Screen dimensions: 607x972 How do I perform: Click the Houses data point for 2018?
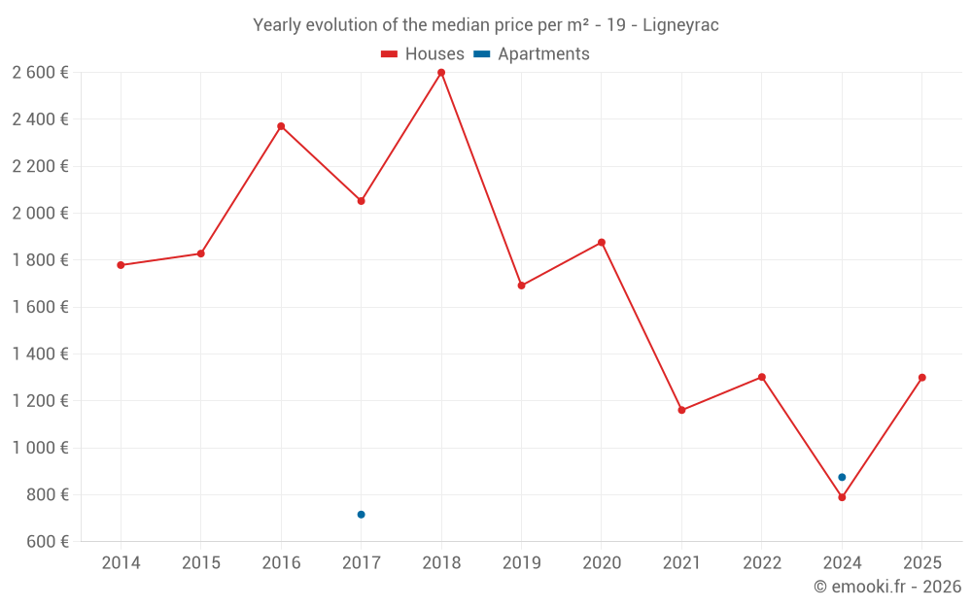click(x=441, y=73)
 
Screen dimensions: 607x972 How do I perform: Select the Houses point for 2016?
click(x=281, y=126)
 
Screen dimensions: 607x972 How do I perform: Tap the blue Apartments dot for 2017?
click(x=361, y=515)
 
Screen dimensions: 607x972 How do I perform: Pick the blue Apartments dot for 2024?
click(x=842, y=477)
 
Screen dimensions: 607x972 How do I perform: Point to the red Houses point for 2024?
click(x=842, y=497)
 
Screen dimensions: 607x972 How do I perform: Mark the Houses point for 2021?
click(x=681, y=410)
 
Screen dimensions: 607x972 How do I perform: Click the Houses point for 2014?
click(x=121, y=265)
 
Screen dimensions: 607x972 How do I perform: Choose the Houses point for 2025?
click(x=921, y=378)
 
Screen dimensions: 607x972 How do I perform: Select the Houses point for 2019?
click(x=521, y=286)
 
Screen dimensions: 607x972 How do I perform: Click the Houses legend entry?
click(x=423, y=54)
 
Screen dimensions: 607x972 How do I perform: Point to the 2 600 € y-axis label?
click(x=40, y=73)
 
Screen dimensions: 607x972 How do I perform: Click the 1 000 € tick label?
click(x=40, y=448)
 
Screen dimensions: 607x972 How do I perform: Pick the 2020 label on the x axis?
click(x=602, y=563)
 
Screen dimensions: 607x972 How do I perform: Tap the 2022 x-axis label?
click(x=761, y=563)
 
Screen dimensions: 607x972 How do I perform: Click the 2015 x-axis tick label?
click(x=201, y=563)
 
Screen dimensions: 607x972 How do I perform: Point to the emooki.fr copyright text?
click(x=887, y=587)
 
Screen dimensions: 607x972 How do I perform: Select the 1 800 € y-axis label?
click(x=40, y=260)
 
